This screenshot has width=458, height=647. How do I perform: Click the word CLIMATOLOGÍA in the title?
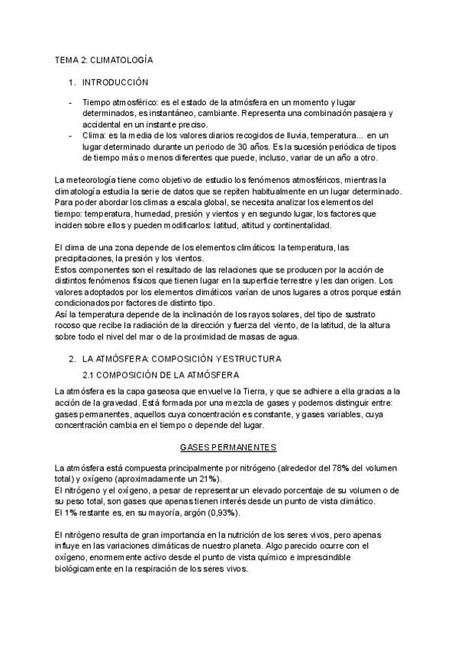coord(123,58)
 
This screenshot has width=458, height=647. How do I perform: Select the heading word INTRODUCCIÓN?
coord(115,82)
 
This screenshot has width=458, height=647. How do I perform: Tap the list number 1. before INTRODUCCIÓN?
coord(73,82)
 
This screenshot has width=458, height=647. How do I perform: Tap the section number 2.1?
coord(89,375)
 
